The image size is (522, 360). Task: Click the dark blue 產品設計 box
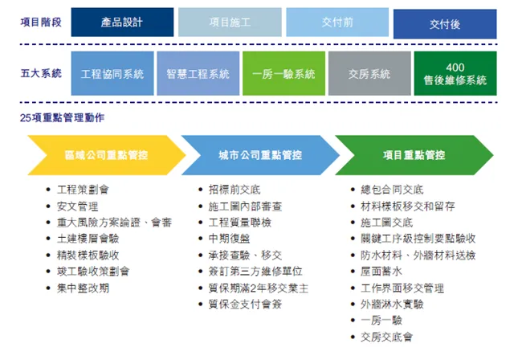122,22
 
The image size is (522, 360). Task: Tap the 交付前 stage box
336,22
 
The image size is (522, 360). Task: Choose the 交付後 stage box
444,24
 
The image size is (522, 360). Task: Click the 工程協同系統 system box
112,74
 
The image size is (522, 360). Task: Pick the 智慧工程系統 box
198,74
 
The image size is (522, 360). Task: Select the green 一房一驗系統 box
283,74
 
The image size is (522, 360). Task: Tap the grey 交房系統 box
369,74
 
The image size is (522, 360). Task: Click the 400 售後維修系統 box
455,74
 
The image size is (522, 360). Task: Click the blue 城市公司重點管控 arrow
261,155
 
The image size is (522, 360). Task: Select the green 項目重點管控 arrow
414,155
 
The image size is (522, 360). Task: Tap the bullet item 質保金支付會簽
244,304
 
